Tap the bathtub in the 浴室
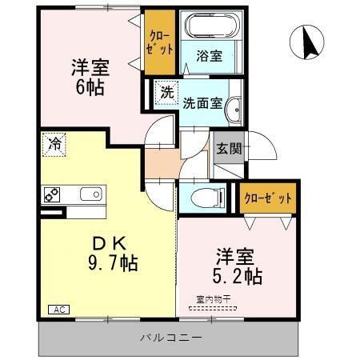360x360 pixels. tap(209, 27)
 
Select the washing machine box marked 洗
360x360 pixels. tap(166, 91)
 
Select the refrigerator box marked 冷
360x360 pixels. tap(54, 145)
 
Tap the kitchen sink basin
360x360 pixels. tap(90, 194)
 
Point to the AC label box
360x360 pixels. tap(58, 308)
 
